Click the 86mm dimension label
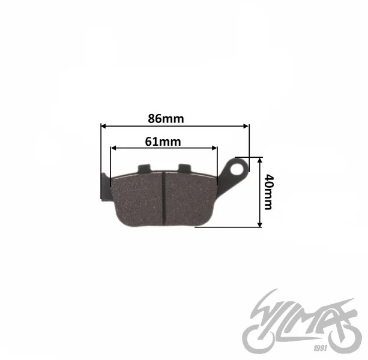pyautogui.click(x=166, y=119)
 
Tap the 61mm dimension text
pyautogui.click(x=163, y=142)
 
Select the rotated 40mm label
pyautogui.click(x=268, y=192)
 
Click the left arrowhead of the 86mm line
pyautogui.click(x=103, y=126)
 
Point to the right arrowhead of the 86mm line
pyautogui.click(x=246, y=126)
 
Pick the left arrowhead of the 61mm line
pyautogui.click(x=113, y=148)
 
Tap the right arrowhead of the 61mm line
pyautogui.click(x=214, y=148)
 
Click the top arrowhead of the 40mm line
pyautogui.click(x=259, y=160)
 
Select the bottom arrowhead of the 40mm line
pyautogui.click(x=259, y=224)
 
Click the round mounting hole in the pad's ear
pyautogui.click(x=237, y=169)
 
